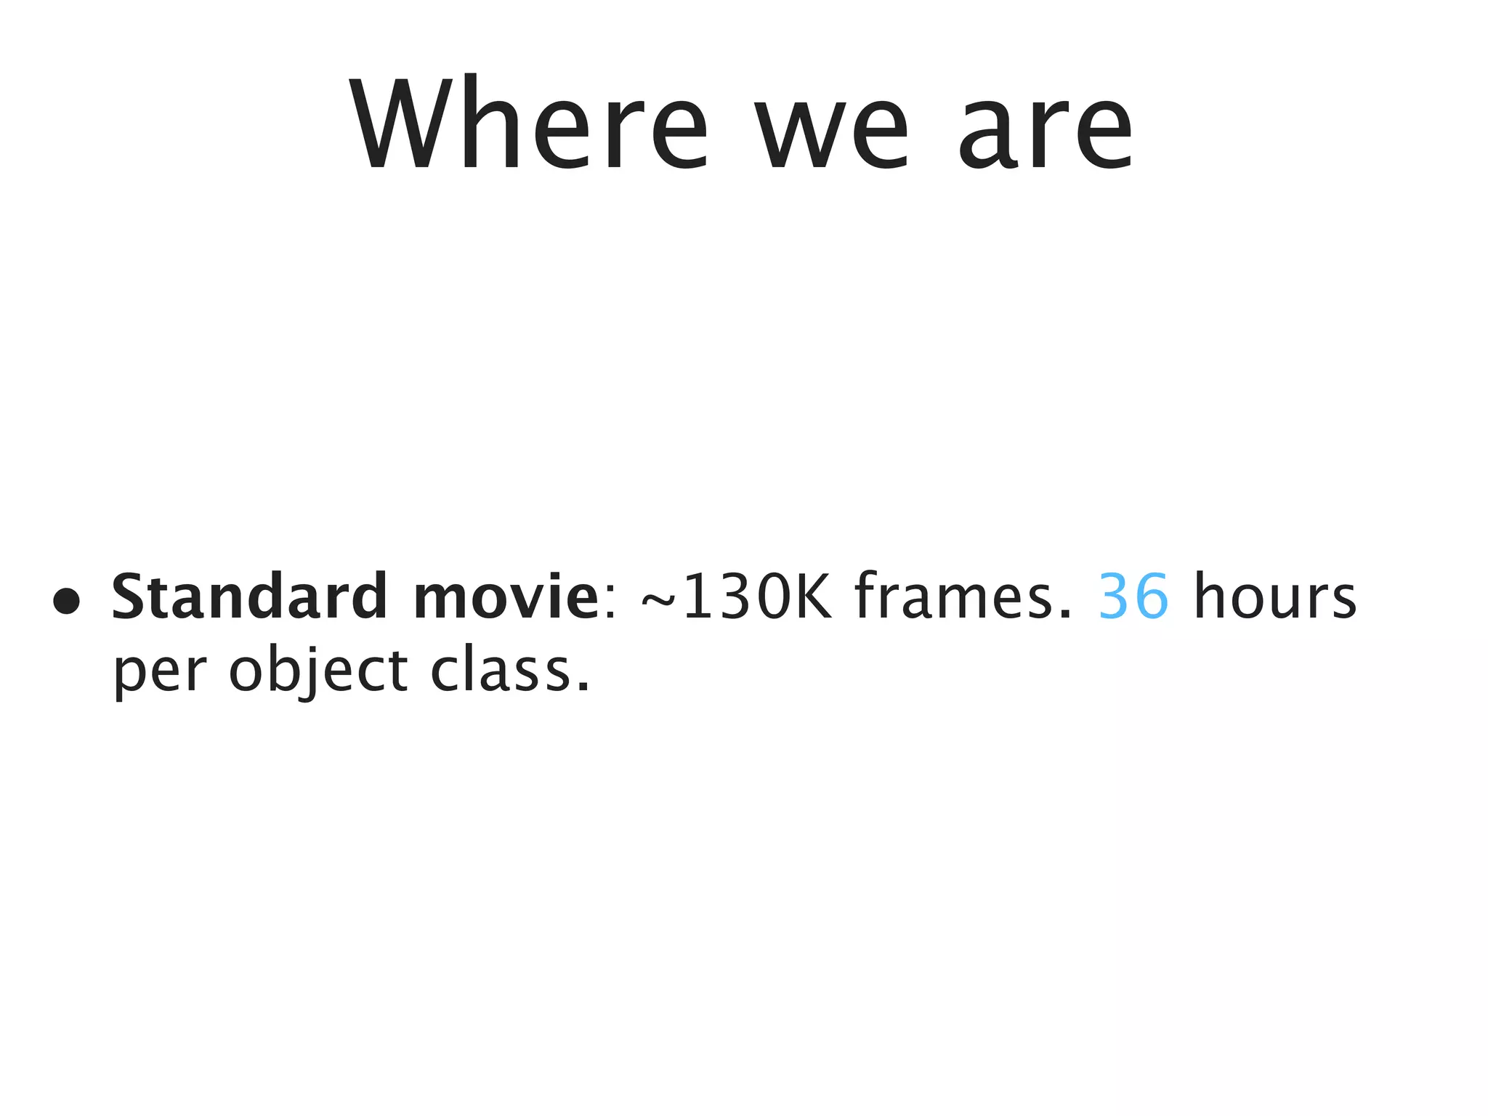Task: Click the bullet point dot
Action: (66, 601)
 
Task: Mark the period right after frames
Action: (1065, 615)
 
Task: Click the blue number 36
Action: (1133, 596)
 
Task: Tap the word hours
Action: (1275, 596)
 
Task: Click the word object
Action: (318, 671)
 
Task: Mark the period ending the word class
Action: (582, 687)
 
